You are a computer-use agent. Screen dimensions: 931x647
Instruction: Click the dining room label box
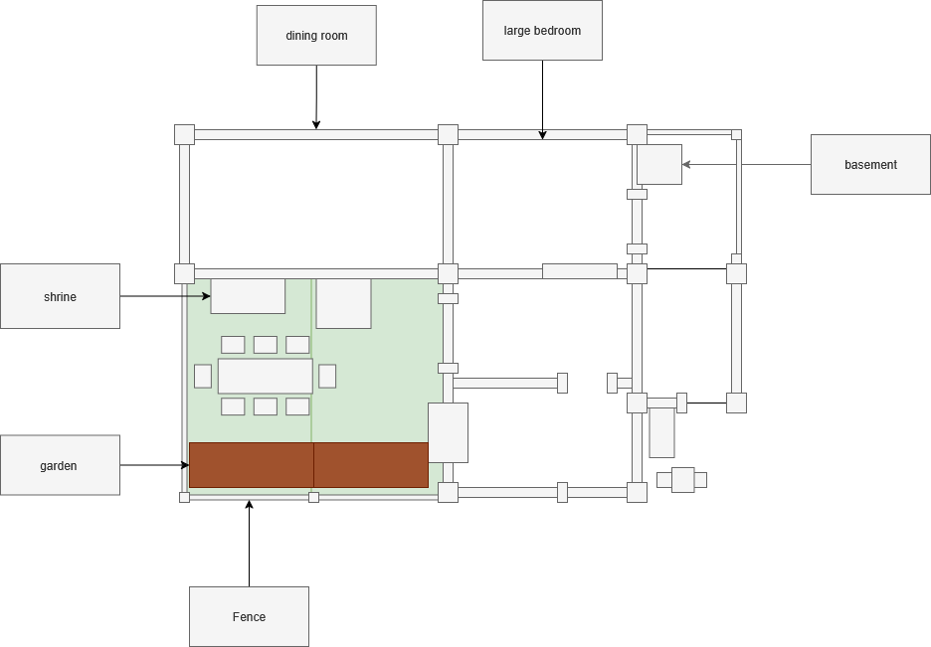(316, 36)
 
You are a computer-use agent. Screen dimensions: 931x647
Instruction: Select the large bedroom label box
(542, 31)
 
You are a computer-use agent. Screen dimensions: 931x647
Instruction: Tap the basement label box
(870, 164)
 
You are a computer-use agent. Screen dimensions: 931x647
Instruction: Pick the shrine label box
(60, 296)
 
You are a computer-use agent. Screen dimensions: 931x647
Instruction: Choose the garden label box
(60, 465)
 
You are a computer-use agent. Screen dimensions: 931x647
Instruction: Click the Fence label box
(249, 616)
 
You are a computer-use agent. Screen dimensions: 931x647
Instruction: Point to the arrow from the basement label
(746, 164)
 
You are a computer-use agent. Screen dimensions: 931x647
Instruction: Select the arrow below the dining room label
(316, 97)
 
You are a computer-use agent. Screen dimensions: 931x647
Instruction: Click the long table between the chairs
(265, 376)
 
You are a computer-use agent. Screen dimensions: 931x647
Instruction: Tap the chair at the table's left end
(203, 376)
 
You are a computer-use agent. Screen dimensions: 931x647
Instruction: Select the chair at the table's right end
(327, 376)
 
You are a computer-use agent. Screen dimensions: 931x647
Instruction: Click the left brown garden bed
(251, 465)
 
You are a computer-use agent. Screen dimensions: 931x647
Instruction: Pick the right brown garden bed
(371, 465)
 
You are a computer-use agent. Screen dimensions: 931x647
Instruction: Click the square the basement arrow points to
(658, 164)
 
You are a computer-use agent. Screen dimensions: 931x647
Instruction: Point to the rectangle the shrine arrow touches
(248, 296)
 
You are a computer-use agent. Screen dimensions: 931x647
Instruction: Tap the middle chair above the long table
(265, 345)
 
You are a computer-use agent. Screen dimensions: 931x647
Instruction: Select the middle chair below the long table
(265, 406)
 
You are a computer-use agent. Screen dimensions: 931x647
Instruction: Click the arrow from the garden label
(154, 465)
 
